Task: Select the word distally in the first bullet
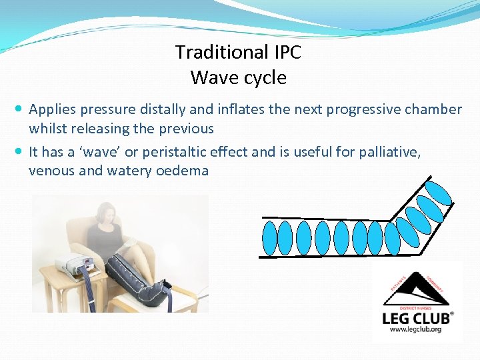pyautogui.click(x=177, y=109)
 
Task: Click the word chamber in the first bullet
pyautogui.click(x=434, y=109)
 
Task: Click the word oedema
pyautogui.click(x=182, y=171)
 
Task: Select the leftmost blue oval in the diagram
pyautogui.click(x=269, y=237)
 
